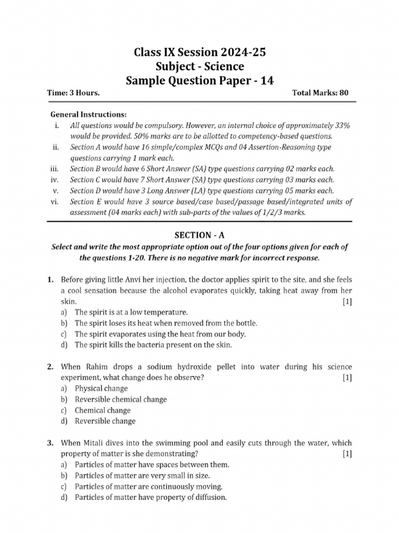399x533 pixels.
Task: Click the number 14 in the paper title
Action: coord(265,81)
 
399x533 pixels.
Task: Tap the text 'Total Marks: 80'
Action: coord(321,93)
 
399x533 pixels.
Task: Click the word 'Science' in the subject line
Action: coord(224,67)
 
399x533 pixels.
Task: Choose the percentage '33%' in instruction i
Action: coord(340,125)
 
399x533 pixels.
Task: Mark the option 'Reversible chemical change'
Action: coord(121,399)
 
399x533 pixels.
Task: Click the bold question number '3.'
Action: coord(50,443)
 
